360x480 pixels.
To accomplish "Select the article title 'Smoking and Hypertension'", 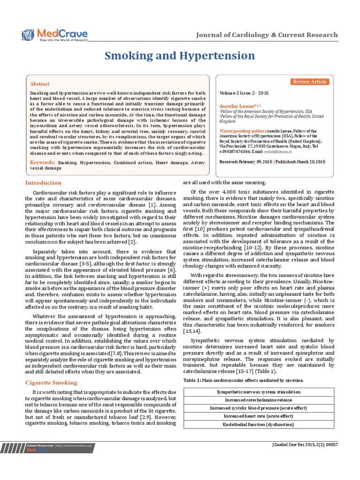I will pos(180,56).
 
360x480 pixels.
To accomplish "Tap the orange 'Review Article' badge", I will pos(310,82).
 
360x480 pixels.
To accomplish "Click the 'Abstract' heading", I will pos(40,84).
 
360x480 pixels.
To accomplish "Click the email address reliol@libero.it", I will pos(277,152).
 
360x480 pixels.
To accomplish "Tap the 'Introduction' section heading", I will pos(43,183).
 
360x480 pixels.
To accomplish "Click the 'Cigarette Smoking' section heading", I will pos(51,383).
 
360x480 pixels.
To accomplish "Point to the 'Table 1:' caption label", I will pos(193,379).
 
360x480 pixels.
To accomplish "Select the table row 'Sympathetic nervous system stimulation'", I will pos(258,391).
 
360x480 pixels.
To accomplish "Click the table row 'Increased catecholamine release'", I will pos(258,400).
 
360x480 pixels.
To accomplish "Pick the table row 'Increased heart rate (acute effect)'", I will pos(258,416).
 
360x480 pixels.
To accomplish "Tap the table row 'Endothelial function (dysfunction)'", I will pos(258,425).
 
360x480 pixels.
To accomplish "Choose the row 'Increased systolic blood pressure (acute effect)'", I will pos(258,408).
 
